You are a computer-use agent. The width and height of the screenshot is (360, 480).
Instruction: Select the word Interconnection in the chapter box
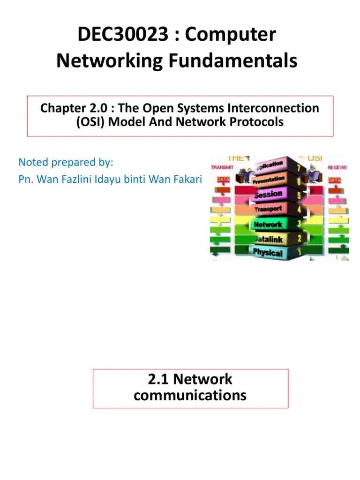click(273, 108)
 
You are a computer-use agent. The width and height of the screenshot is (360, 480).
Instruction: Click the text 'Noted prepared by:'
click(66, 162)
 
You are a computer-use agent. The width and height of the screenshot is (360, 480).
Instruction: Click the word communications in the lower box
click(190, 395)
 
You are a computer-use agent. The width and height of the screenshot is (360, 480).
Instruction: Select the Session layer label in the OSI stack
click(268, 194)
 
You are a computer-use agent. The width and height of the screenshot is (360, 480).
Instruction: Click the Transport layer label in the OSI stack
click(268, 209)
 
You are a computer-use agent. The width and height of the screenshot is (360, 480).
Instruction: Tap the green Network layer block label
click(268, 225)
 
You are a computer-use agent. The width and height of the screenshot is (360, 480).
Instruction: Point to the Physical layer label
click(268, 253)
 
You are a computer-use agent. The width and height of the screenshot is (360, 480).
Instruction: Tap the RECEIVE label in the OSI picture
click(337, 167)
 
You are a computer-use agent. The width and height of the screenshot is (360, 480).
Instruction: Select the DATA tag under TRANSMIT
click(223, 180)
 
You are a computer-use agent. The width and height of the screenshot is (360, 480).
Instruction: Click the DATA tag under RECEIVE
click(335, 180)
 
